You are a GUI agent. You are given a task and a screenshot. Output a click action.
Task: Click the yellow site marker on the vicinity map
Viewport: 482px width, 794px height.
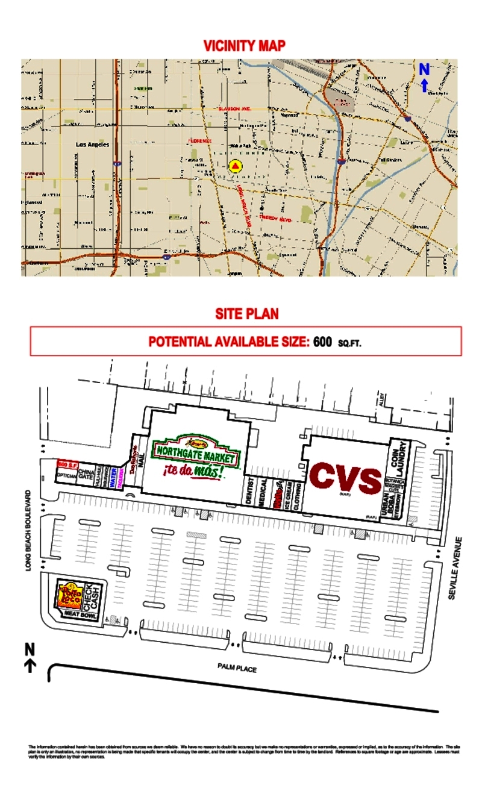[x=236, y=166]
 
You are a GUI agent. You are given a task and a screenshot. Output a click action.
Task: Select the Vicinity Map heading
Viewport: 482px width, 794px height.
[x=244, y=46]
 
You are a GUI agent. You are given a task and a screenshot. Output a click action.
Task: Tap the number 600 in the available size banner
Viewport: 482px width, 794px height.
[x=322, y=342]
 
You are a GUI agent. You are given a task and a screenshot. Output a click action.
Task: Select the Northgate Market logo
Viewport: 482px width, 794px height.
[x=196, y=451]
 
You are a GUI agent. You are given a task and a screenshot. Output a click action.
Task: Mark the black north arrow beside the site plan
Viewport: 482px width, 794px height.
[x=30, y=656]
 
